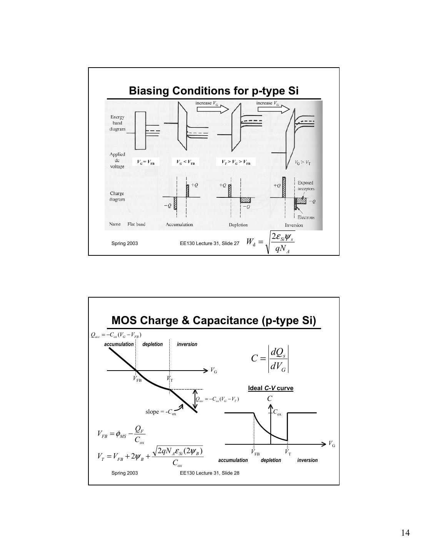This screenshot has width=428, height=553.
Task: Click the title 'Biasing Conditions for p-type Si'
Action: pyautogui.click(x=214, y=91)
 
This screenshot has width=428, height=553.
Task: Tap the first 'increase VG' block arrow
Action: pyautogui.click(x=213, y=109)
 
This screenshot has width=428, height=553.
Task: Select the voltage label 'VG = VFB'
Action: pyautogui.click(x=146, y=162)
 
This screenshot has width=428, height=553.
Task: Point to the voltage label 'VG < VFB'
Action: pyautogui.click(x=185, y=162)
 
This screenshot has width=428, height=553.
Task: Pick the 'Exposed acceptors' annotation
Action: pyautogui.click(x=306, y=186)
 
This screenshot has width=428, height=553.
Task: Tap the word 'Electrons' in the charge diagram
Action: pyautogui.click(x=306, y=217)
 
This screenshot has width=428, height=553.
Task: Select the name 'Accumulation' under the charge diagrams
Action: pyautogui.click(x=179, y=225)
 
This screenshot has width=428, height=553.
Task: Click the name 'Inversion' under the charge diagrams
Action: pyautogui.click(x=294, y=225)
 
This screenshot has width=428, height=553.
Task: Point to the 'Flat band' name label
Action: pyautogui.click(x=136, y=224)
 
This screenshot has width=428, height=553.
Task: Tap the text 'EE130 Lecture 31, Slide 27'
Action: pyautogui.click(x=210, y=243)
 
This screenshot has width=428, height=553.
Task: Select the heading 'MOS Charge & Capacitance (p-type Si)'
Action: pyautogui.click(x=214, y=321)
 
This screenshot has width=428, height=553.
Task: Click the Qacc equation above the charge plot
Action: pyautogui.click(x=116, y=334)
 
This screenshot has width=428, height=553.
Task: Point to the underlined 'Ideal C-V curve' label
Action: pyautogui.click(x=271, y=388)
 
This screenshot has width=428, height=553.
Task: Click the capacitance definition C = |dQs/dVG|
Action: pyautogui.click(x=270, y=358)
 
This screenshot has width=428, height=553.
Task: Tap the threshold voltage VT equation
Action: pyautogui.click(x=150, y=457)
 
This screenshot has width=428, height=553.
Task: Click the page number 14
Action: pyautogui.click(x=405, y=533)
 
